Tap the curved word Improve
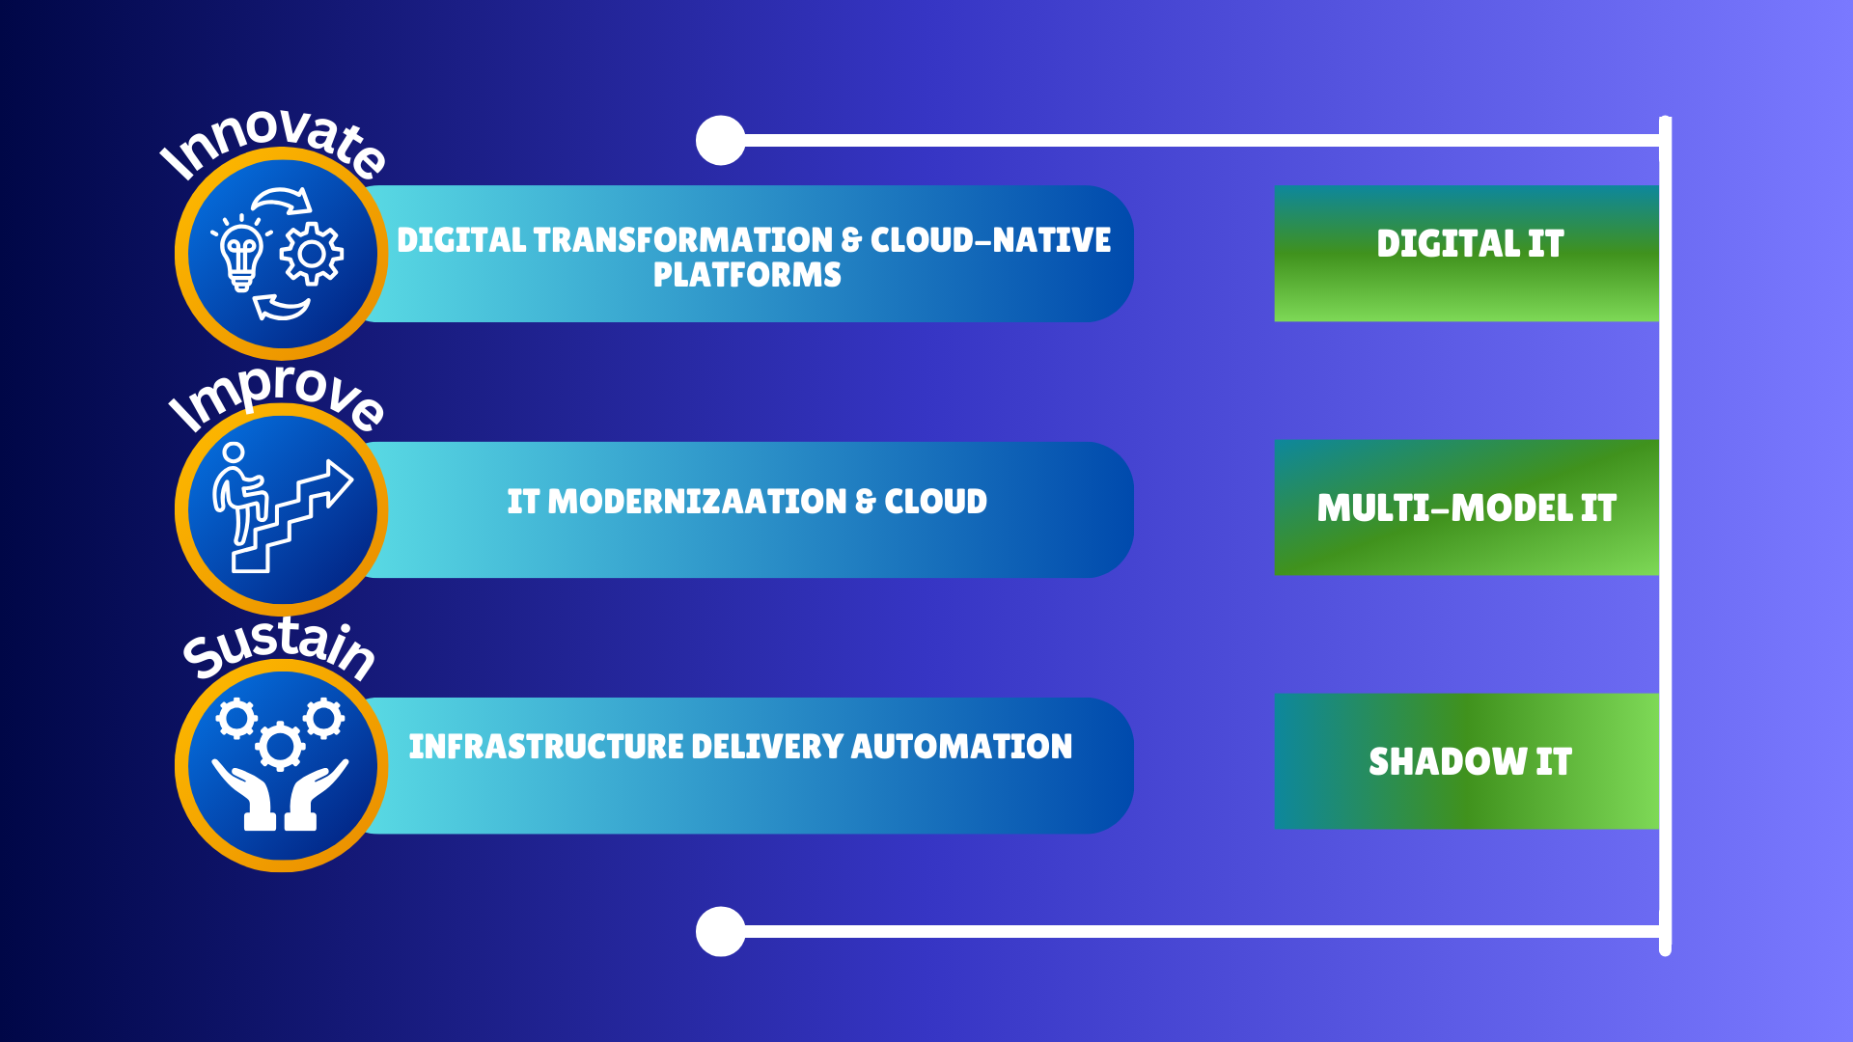[x=278, y=398]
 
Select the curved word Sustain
[x=280, y=646]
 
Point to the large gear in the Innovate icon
[x=311, y=254]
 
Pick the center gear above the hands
[x=280, y=746]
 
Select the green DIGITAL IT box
[x=1467, y=253]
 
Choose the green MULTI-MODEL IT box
[x=1467, y=507]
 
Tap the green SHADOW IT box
[x=1467, y=761]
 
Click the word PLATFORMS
[x=747, y=275]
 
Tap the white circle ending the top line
[x=721, y=141]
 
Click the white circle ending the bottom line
[x=721, y=932]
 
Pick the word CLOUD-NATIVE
[x=991, y=240]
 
